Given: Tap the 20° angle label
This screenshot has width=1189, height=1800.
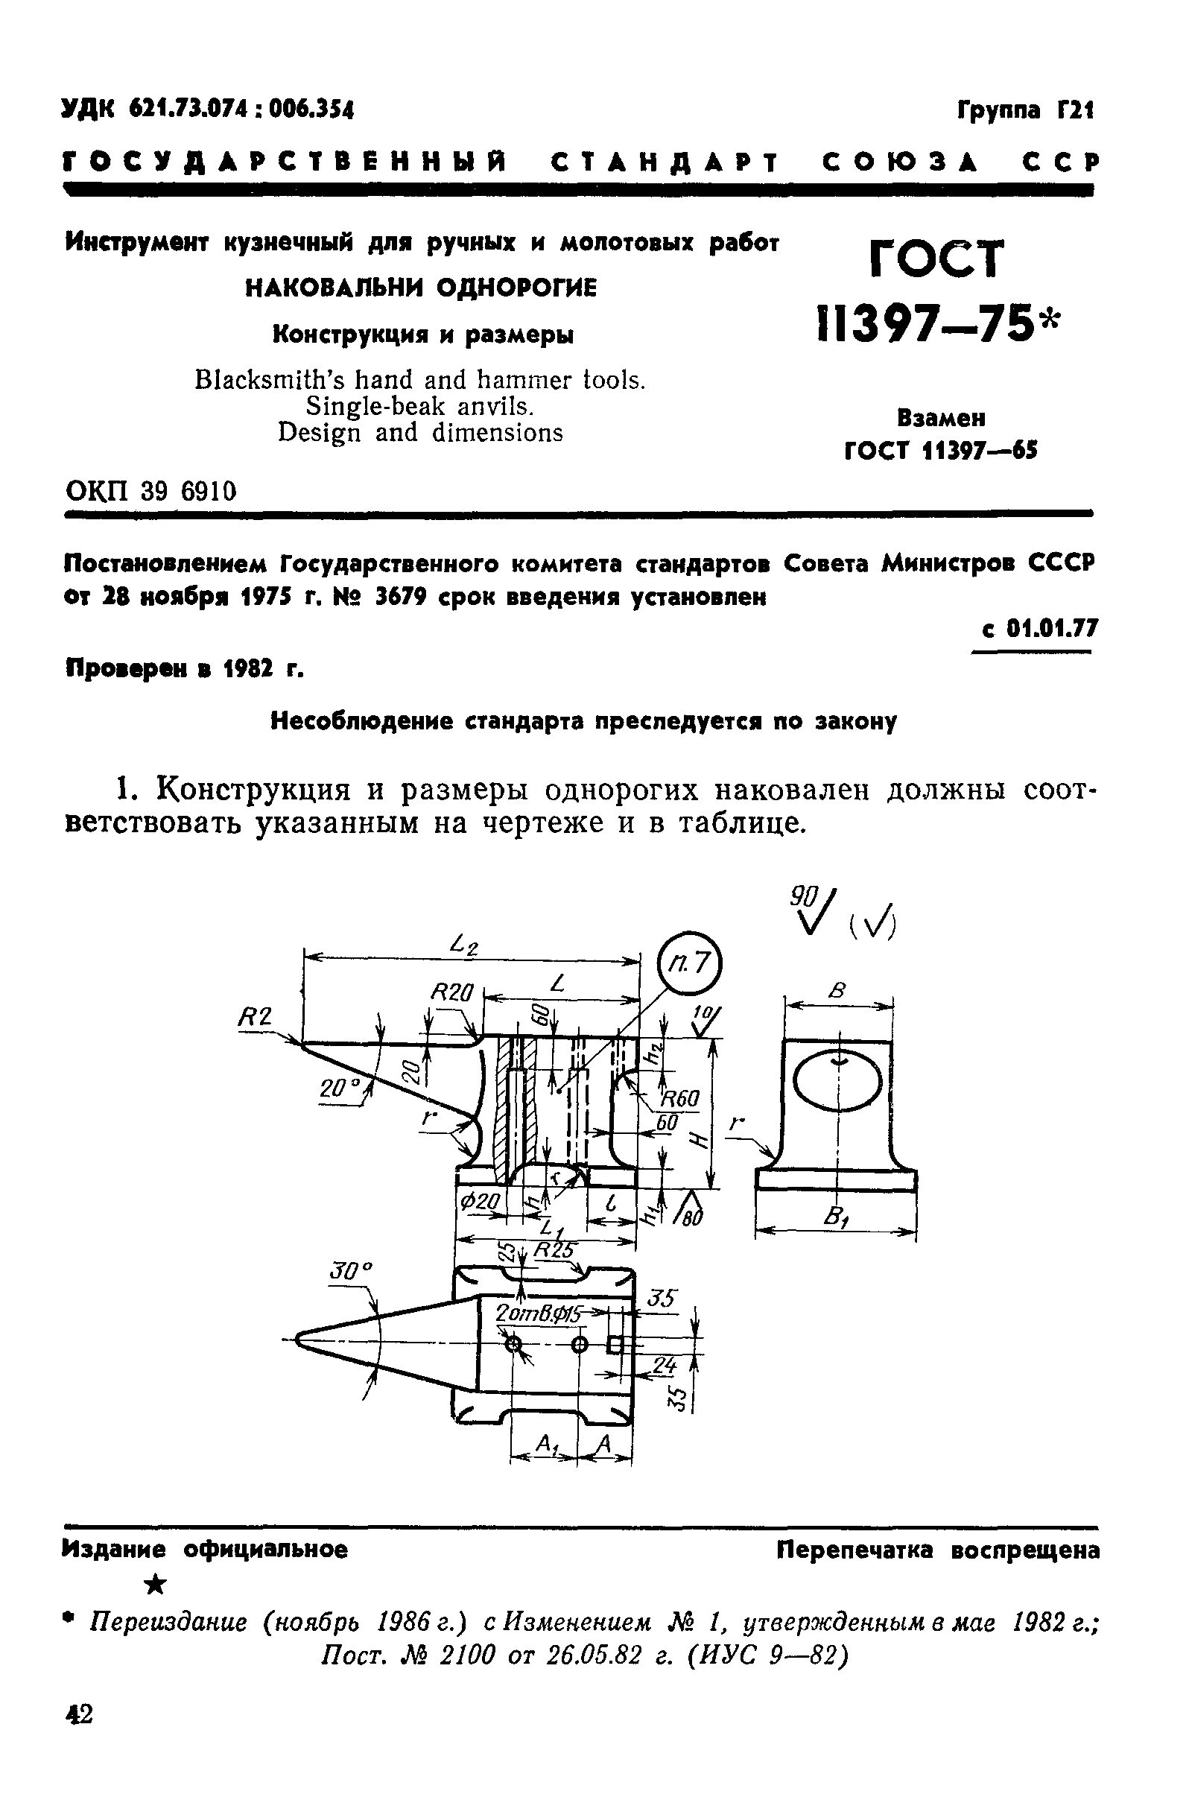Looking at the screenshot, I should pos(337,1089).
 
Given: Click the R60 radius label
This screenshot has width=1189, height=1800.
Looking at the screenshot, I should pos(680,1099).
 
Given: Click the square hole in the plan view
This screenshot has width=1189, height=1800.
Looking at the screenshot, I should pos(615,1346).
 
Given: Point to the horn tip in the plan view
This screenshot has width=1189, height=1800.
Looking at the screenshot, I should pos(299,1340).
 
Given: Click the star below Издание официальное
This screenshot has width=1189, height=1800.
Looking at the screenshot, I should pos(156,1585).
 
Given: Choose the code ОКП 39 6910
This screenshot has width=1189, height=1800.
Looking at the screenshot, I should pos(151,491).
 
